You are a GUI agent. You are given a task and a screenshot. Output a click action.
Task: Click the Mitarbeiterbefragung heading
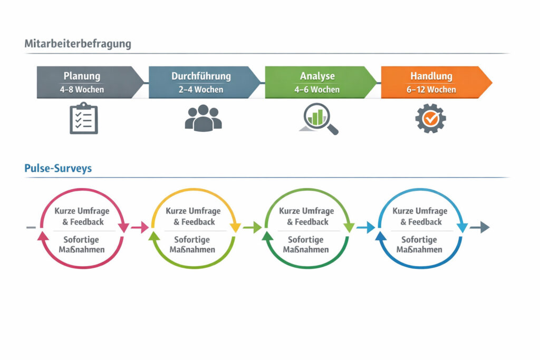(78, 44)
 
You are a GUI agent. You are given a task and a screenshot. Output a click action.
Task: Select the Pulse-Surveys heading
(58, 168)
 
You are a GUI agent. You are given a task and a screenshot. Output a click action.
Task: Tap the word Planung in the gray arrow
(82, 76)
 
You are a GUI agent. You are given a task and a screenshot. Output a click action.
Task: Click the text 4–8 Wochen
(82, 90)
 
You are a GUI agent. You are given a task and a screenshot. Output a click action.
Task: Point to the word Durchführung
(201, 76)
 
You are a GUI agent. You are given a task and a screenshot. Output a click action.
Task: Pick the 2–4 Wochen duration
(201, 90)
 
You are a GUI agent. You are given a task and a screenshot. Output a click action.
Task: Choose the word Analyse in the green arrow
(317, 76)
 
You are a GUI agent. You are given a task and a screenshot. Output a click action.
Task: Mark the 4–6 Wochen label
(317, 90)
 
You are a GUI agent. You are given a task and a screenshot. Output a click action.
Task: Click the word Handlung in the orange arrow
(431, 76)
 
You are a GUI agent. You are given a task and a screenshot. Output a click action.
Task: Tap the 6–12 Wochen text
(431, 90)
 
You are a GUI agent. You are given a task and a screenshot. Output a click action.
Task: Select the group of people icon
(203, 118)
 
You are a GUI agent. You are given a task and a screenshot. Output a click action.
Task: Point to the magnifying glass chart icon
(319, 119)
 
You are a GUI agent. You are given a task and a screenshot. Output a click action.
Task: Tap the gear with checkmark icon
(430, 118)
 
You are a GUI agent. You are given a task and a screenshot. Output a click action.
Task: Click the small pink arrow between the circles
(140, 227)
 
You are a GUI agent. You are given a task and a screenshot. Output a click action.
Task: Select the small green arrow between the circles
(253, 227)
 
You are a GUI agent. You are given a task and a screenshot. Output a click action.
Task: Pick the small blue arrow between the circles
(365, 227)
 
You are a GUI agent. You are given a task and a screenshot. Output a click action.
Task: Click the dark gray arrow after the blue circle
(479, 227)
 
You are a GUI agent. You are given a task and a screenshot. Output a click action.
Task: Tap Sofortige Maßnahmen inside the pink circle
(82, 245)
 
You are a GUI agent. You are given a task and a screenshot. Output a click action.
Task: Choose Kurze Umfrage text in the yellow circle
(193, 211)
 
